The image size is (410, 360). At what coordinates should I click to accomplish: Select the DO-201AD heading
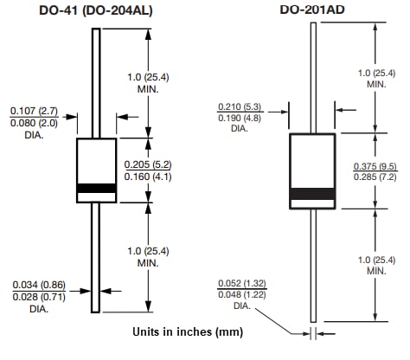pos(315,10)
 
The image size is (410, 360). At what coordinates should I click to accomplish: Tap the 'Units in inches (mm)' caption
pos(188,331)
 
